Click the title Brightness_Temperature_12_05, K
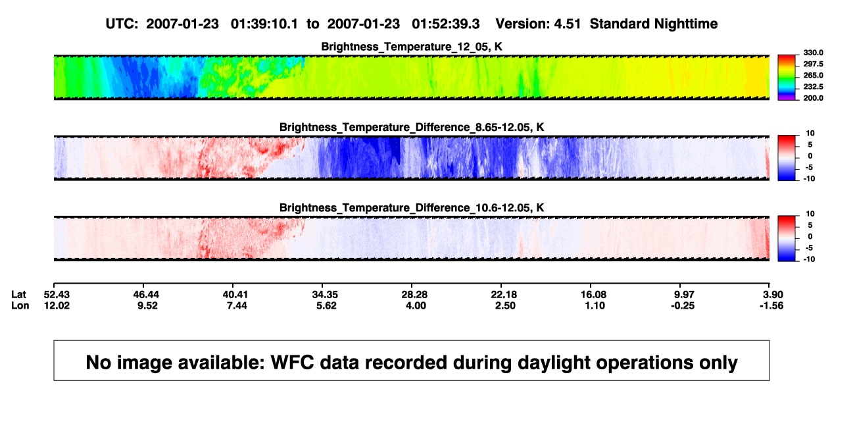412,47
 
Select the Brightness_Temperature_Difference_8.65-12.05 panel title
412,127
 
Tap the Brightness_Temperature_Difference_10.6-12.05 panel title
412,208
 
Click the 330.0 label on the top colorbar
813,53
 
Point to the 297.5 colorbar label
813,64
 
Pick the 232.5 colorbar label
813,87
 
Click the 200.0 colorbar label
813,98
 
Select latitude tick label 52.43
57,295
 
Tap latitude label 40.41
235,295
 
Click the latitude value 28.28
414,295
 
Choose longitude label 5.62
326,305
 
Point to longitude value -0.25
683,305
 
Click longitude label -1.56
771,305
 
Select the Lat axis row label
18,295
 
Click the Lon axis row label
20,305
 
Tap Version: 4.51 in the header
538,24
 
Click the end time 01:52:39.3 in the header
446,24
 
